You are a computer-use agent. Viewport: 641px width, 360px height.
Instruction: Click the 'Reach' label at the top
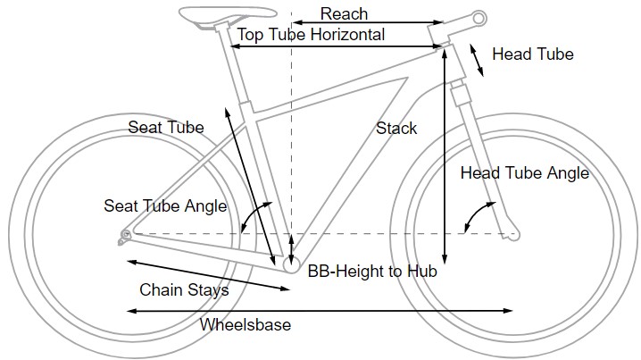tap(344, 13)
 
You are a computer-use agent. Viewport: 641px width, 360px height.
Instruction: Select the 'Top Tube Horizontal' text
tap(311, 35)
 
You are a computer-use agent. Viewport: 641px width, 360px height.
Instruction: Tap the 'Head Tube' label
tap(532, 54)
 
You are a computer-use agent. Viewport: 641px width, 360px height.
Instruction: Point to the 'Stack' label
tap(396, 129)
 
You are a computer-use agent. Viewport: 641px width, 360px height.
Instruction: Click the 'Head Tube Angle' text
tap(524, 173)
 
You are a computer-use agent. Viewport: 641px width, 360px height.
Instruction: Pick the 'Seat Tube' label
tap(166, 127)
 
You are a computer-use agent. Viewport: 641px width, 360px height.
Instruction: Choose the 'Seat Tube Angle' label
tap(165, 206)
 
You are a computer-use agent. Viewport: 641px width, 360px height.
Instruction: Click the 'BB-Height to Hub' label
tap(372, 272)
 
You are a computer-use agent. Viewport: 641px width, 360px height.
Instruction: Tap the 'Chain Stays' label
tap(184, 290)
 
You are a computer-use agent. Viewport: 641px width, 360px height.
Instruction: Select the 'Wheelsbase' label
tap(246, 324)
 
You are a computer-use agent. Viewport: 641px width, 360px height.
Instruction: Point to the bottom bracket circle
tap(291, 264)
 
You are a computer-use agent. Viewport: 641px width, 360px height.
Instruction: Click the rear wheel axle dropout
tap(126, 236)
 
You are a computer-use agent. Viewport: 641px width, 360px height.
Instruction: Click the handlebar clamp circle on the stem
tap(479, 17)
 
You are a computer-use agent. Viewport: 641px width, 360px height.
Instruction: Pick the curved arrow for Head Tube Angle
tap(478, 214)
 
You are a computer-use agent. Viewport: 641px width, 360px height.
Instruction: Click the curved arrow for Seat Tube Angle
tap(256, 215)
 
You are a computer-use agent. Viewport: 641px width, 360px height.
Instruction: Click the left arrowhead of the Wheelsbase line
tap(130, 311)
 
